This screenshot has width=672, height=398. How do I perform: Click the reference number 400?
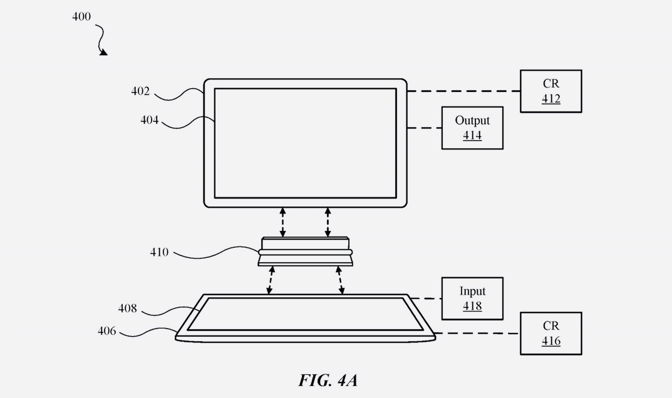click(81, 16)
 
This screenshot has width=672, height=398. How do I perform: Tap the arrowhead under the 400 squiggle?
click(103, 52)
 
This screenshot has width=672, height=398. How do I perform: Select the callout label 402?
click(140, 91)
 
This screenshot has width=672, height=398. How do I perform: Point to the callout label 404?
click(150, 120)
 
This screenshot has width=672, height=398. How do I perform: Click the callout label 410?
click(159, 252)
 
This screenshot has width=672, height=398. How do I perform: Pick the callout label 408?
click(128, 308)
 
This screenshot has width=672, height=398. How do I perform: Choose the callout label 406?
click(107, 331)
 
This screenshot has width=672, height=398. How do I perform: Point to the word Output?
click(472, 120)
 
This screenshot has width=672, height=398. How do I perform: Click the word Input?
click(472, 291)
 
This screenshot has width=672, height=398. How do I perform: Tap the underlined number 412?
click(551, 99)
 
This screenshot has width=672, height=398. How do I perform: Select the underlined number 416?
click(551, 341)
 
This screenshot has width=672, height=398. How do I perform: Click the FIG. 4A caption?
click(328, 380)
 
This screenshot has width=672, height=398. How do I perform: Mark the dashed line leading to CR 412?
click(464, 91)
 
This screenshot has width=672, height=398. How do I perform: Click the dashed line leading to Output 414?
click(424, 128)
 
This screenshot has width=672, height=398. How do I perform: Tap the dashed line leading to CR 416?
click(477, 333)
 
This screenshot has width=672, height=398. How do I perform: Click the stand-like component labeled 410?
click(305, 251)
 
